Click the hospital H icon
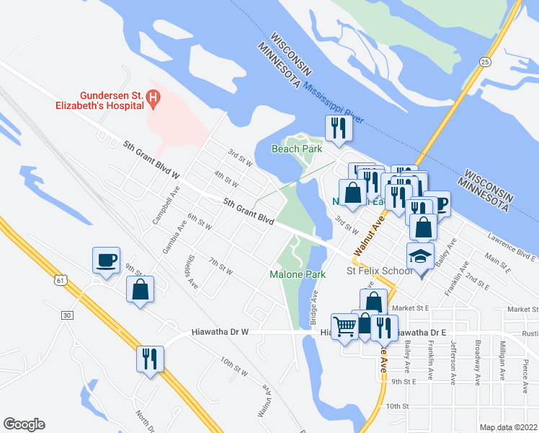[152, 97]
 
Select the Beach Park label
[295, 149]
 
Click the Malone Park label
[298, 274]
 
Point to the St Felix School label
[380, 271]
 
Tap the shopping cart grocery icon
[344, 326]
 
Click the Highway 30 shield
[67, 315]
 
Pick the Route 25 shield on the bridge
[487, 63]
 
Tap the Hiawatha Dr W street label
[220, 333]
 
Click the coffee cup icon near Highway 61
[107, 260]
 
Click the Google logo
[24, 424]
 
